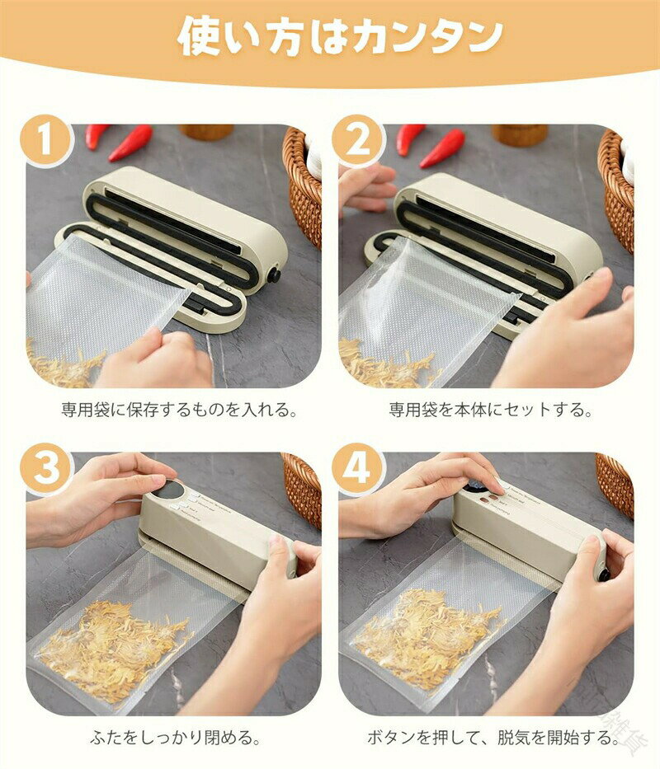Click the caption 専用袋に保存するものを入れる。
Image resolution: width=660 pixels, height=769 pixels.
pos(179,410)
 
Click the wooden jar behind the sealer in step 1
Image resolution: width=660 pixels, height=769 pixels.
pos(206,131)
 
